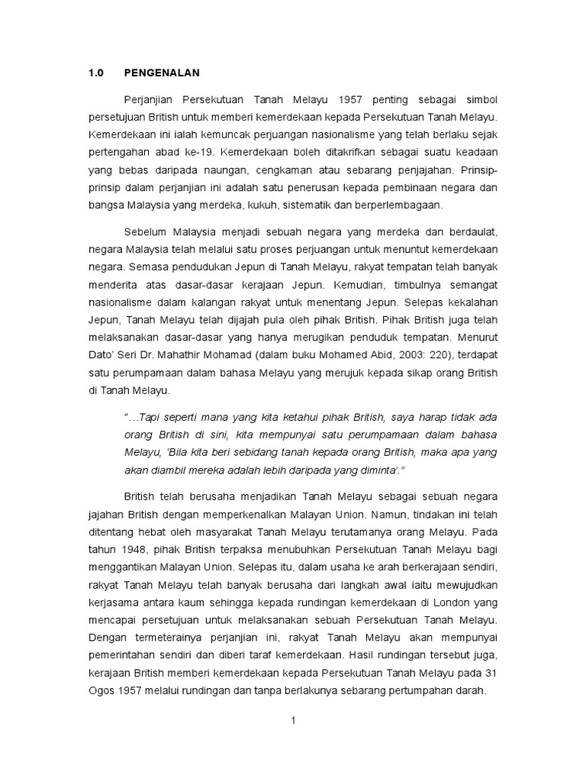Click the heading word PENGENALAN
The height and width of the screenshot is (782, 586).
pos(162,73)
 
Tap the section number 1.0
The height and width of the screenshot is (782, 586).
pos(95,73)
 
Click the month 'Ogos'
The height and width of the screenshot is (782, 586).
pos(102,689)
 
